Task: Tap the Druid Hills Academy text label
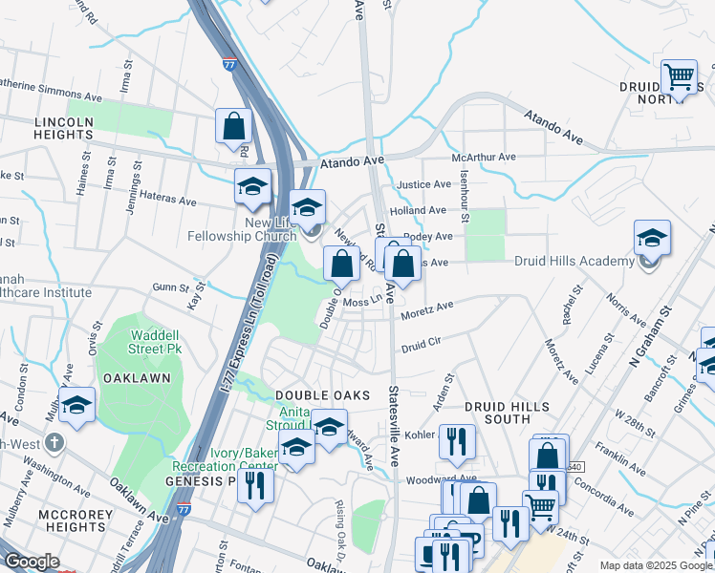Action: coord(574,261)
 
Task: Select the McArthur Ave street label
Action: coord(484,157)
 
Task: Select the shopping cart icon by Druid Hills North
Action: coord(679,76)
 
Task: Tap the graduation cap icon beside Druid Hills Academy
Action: coord(652,238)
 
